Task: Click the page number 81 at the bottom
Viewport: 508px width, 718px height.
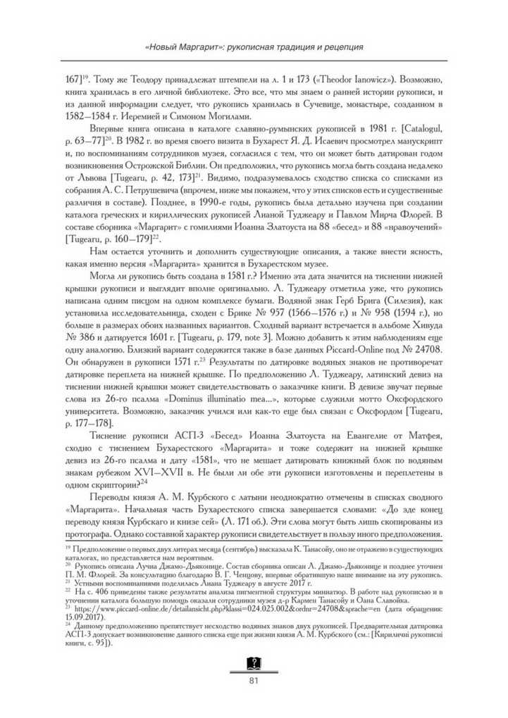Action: tap(254, 680)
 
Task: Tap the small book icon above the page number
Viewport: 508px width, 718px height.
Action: tap(254, 662)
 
